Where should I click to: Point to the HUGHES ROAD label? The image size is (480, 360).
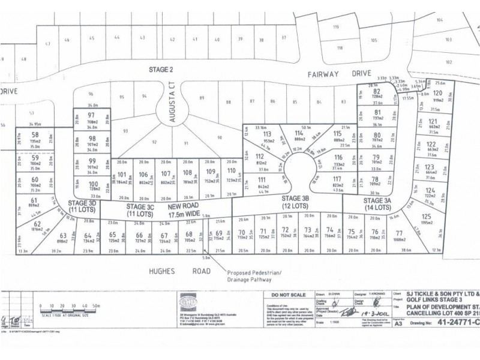click(176, 271)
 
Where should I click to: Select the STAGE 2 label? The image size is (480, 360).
click(161, 70)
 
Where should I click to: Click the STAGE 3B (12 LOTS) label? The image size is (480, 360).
click(293, 201)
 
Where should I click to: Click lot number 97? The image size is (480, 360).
click(92, 115)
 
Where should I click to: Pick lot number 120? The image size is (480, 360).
click(437, 94)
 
